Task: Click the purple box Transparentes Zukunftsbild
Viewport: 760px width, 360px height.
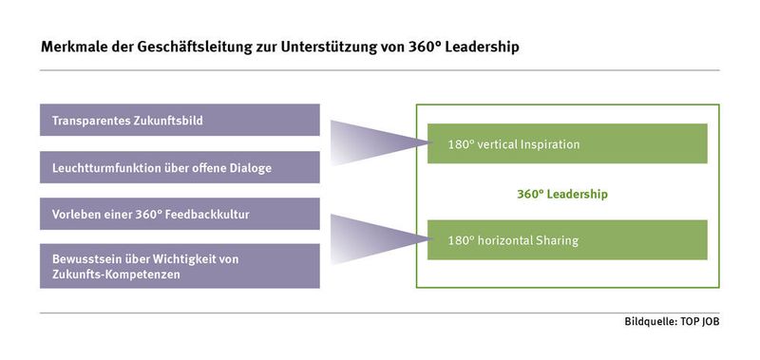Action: point(180,121)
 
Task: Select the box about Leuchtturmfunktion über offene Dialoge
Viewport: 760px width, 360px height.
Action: point(180,167)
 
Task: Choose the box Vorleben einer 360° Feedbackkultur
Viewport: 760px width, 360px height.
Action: point(180,214)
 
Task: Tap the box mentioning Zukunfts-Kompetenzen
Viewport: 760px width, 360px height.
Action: point(180,265)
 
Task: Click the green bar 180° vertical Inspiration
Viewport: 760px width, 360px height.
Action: point(566,144)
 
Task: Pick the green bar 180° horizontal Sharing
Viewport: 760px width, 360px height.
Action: point(566,240)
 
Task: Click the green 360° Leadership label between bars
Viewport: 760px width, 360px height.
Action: point(561,194)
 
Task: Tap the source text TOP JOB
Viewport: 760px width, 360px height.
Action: point(701,324)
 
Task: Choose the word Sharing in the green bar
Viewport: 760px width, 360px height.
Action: point(557,240)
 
